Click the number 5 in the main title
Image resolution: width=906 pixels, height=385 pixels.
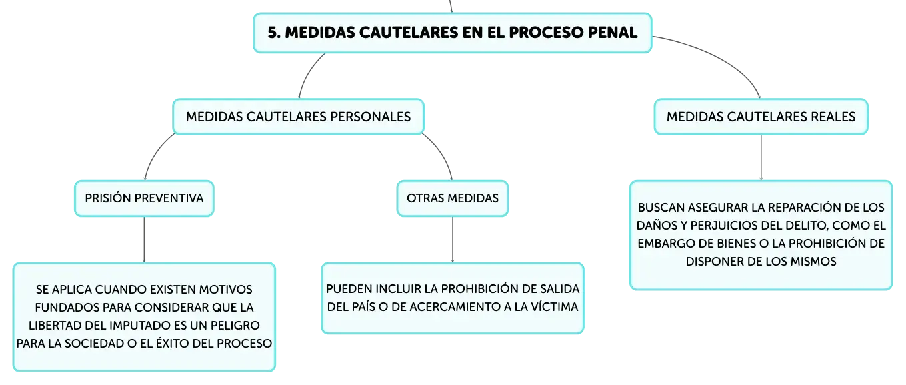click(273, 33)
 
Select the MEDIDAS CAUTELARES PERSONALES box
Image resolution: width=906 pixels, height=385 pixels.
click(299, 117)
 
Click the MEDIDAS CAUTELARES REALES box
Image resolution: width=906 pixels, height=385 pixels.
click(761, 117)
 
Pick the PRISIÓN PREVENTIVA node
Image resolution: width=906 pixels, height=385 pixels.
click(144, 198)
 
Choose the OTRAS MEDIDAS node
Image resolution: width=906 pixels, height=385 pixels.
click(453, 198)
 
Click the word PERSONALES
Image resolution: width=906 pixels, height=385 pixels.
click(371, 117)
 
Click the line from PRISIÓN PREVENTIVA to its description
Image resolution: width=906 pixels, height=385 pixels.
click(144, 240)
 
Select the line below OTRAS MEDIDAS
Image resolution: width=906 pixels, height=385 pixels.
click(453, 240)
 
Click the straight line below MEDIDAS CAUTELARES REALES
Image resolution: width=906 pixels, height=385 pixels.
click(761, 157)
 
